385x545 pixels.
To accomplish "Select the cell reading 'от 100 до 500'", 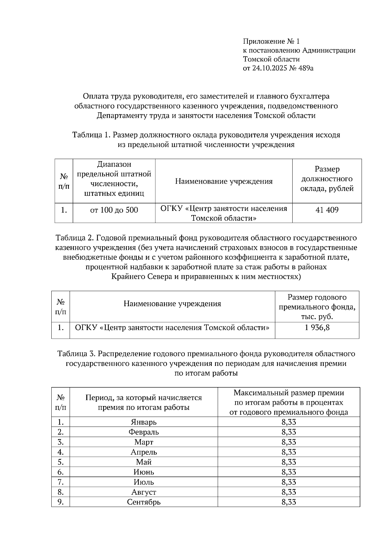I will [114, 210].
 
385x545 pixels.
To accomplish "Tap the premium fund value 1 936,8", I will [317, 327].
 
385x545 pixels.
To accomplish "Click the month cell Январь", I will [143, 422].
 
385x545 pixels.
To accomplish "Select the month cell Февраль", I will [143, 432].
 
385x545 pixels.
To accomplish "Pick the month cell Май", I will [143, 462].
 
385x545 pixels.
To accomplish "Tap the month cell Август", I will [143, 492].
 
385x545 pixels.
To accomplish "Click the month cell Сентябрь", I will [143, 502].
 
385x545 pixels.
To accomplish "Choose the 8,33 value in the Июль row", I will [289, 482].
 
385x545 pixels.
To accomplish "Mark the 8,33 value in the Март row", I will [289, 442].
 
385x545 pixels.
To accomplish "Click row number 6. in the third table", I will [61, 472].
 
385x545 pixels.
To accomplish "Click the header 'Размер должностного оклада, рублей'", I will [327, 179].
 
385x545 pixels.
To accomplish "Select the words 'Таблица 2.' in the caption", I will [74, 238].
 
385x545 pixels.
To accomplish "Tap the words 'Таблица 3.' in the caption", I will [76, 354].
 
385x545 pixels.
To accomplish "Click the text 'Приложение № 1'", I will [271, 41].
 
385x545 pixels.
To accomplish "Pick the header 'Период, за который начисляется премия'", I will [143, 402].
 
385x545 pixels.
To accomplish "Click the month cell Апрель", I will [143, 452].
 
